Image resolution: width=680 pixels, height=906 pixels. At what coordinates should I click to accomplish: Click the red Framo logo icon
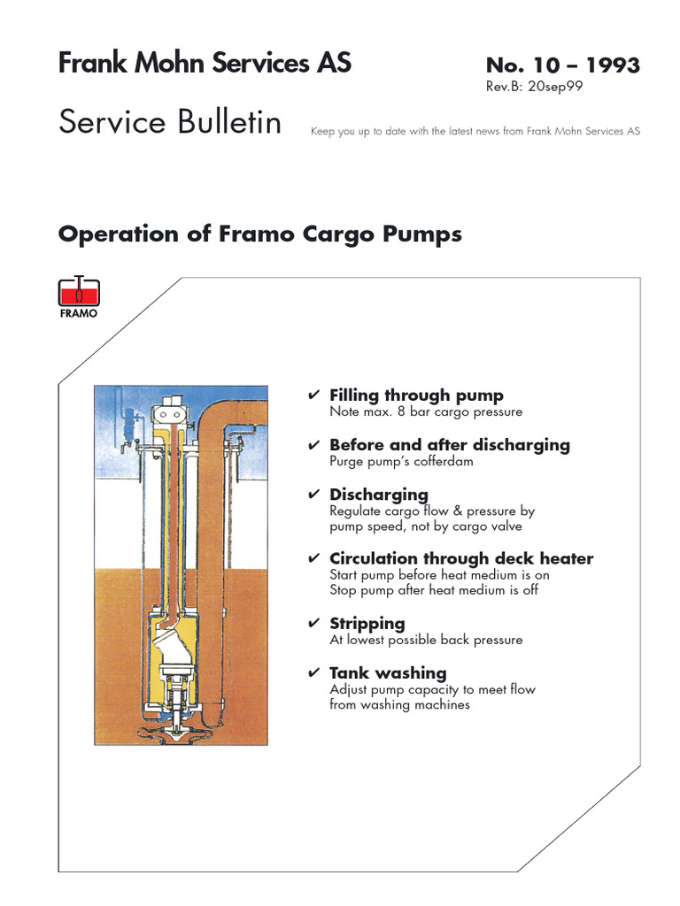[x=79, y=292]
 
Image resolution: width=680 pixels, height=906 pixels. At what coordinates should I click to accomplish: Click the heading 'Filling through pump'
[x=416, y=395]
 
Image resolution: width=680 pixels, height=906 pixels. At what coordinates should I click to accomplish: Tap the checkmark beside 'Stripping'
[x=313, y=624]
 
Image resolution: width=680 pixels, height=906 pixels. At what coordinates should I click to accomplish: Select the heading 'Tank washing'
[x=388, y=673]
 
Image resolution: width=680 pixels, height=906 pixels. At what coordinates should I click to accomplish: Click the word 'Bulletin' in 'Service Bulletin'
[x=228, y=122]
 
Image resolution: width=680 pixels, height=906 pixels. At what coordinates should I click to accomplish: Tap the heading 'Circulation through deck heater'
[x=461, y=559]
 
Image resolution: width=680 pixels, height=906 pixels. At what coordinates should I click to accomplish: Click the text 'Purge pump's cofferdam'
[x=401, y=461]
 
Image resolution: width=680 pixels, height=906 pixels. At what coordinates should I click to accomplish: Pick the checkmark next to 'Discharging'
[x=313, y=495]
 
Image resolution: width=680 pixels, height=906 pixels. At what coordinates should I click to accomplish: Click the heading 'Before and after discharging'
[x=450, y=445]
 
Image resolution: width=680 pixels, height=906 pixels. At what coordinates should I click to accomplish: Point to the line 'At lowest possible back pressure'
[x=426, y=640]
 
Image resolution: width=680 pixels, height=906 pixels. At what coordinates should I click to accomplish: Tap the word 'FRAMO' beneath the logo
[x=79, y=313]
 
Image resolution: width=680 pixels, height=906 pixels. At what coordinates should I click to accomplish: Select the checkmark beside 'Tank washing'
[x=313, y=673]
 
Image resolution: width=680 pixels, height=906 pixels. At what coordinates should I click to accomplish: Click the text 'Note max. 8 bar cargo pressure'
[x=426, y=411]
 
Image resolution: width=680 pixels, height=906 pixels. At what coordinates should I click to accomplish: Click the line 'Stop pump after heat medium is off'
[x=434, y=590]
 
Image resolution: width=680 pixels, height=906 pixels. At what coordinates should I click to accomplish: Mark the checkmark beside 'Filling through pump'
[x=313, y=395]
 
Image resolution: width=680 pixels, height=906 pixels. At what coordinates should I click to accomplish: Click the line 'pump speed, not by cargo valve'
[x=426, y=526]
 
